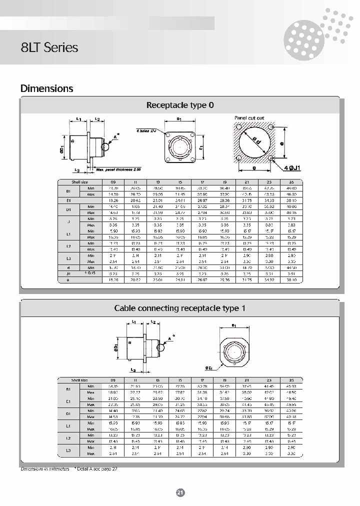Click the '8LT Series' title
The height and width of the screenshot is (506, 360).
pyautogui.click(x=49, y=47)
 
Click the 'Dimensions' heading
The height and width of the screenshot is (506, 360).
pyautogui.click(x=46, y=88)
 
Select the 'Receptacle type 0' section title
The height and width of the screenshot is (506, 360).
pyautogui.click(x=180, y=105)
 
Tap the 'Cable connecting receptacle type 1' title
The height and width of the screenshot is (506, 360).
pyautogui.click(x=180, y=308)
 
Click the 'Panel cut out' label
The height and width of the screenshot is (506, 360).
pyautogui.click(x=249, y=118)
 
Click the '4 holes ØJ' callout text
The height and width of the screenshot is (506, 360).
pyautogui.click(x=146, y=130)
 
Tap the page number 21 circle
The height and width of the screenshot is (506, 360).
pyautogui.click(x=180, y=492)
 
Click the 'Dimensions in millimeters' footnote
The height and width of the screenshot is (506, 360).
pyautogui.click(x=45, y=468)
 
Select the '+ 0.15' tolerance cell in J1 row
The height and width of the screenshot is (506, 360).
pyautogui.click(x=90, y=273)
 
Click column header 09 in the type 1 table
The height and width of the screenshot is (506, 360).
pyautogui.click(x=112, y=380)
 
